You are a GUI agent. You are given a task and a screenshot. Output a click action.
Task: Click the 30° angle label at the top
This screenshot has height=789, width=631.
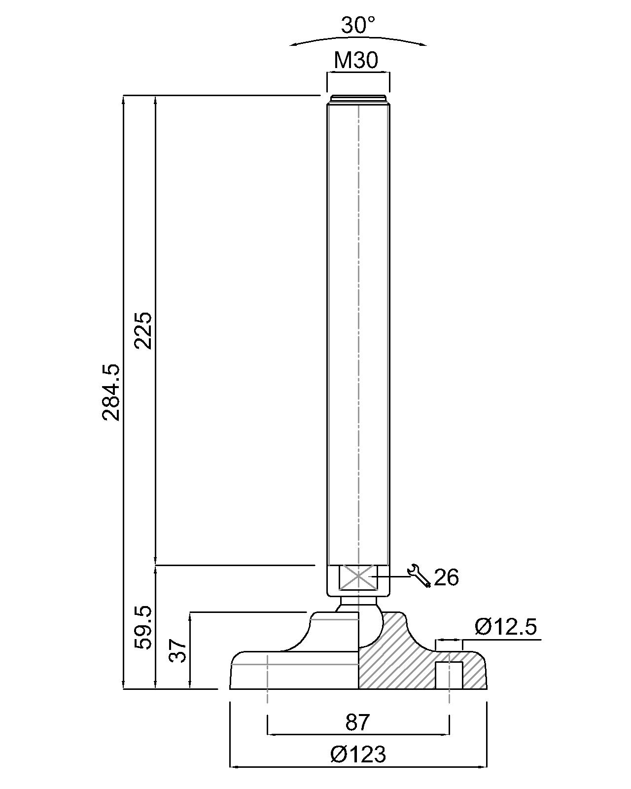[x=358, y=26]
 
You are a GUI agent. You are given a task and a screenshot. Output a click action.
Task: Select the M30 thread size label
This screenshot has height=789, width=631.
[x=356, y=60]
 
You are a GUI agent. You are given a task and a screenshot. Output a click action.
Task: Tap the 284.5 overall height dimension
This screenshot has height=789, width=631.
[x=111, y=393]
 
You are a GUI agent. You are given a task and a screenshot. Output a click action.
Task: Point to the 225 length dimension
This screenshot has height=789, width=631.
[x=143, y=330]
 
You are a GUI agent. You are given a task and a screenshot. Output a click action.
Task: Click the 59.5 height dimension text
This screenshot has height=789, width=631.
[x=143, y=628]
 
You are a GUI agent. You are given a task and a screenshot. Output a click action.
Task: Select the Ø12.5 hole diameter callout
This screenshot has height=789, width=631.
[x=506, y=627]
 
